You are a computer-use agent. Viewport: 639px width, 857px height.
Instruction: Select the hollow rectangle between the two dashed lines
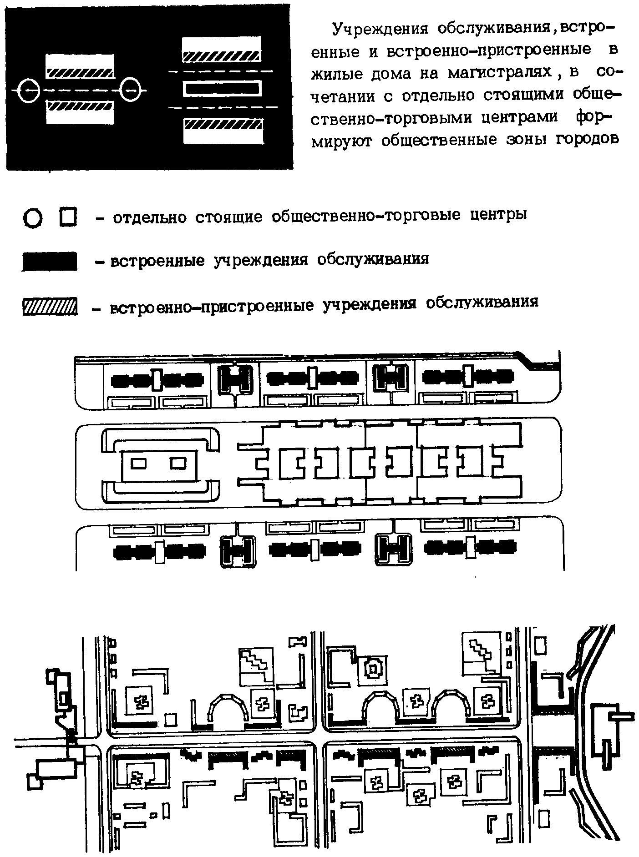pyautogui.click(x=223, y=89)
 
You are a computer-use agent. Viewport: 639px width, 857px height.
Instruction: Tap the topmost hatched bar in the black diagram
pyautogui.click(x=221, y=57)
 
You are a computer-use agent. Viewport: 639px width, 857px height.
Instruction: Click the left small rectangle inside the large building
pyautogui.click(x=139, y=463)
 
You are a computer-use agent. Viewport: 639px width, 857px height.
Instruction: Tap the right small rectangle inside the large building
pyautogui.click(x=178, y=463)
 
